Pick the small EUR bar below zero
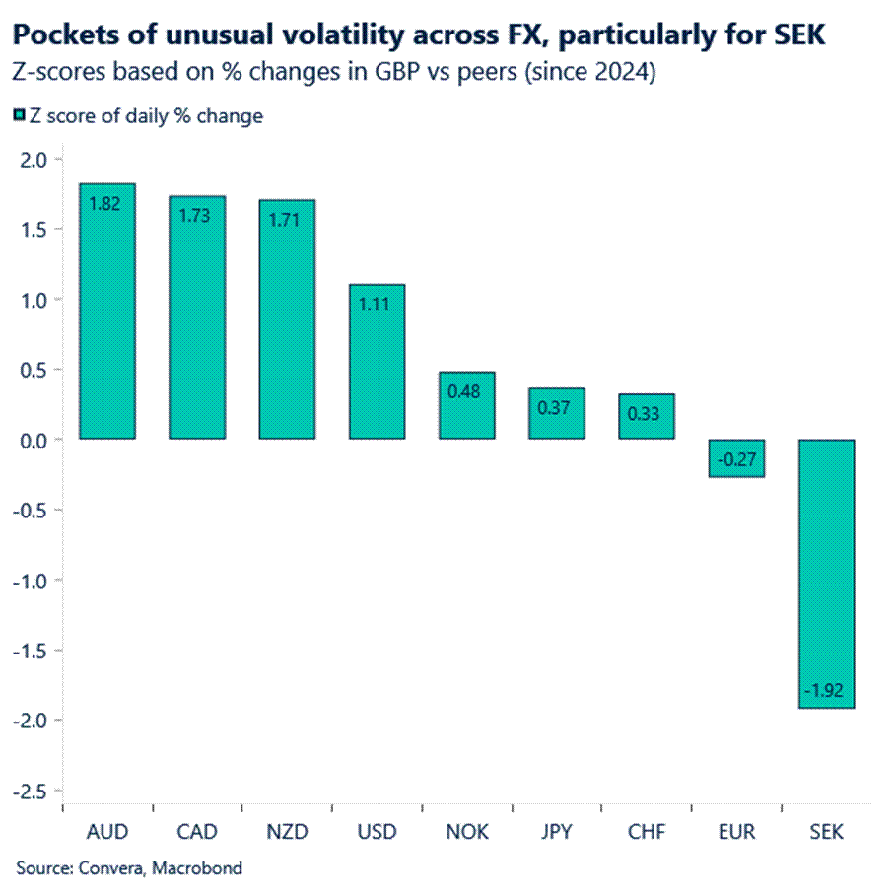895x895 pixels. point(736,458)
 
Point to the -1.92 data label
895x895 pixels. point(826,690)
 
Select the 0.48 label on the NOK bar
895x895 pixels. point(466,389)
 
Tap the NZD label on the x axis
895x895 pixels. point(287,832)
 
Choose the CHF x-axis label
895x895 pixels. point(646,832)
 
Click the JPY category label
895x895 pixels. point(556,832)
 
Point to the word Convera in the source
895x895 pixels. point(105,868)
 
